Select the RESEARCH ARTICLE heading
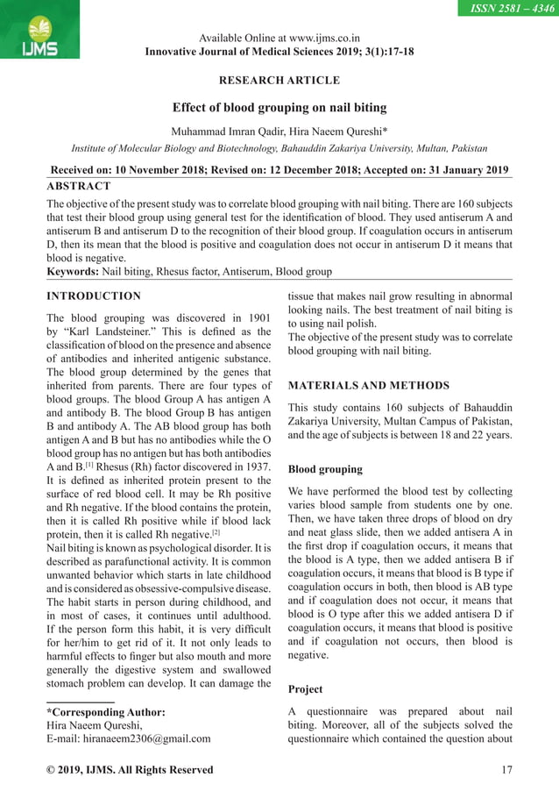click(279, 81)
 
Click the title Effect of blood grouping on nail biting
click(279, 110)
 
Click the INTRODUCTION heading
click(93, 296)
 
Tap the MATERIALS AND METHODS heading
click(369, 385)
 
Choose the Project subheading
click(307, 689)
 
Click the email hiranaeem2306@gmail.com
click(142, 738)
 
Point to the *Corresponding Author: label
click(105, 712)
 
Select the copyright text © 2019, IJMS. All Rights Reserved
click(129, 770)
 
